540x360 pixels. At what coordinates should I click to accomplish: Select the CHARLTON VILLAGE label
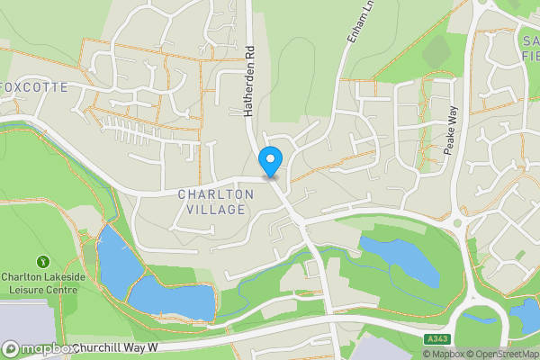(211, 202)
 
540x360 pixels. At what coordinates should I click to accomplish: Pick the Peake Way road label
(452, 131)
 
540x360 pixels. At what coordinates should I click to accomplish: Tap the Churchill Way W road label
(116, 346)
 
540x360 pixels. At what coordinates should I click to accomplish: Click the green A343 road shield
(436, 337)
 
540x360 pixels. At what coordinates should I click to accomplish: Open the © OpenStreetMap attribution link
(502, 354)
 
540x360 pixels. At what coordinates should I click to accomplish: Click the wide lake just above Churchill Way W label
(171, 299)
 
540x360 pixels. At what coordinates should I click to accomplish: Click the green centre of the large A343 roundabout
(481, 316)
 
